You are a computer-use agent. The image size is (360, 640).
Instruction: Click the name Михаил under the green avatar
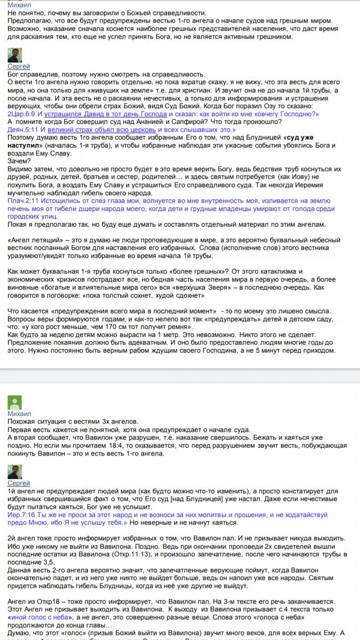[x=19, y=414]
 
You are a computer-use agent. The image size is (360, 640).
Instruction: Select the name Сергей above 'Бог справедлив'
[x=19, y=66]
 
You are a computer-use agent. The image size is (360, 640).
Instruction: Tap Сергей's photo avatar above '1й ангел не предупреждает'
[x=14, y=471]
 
